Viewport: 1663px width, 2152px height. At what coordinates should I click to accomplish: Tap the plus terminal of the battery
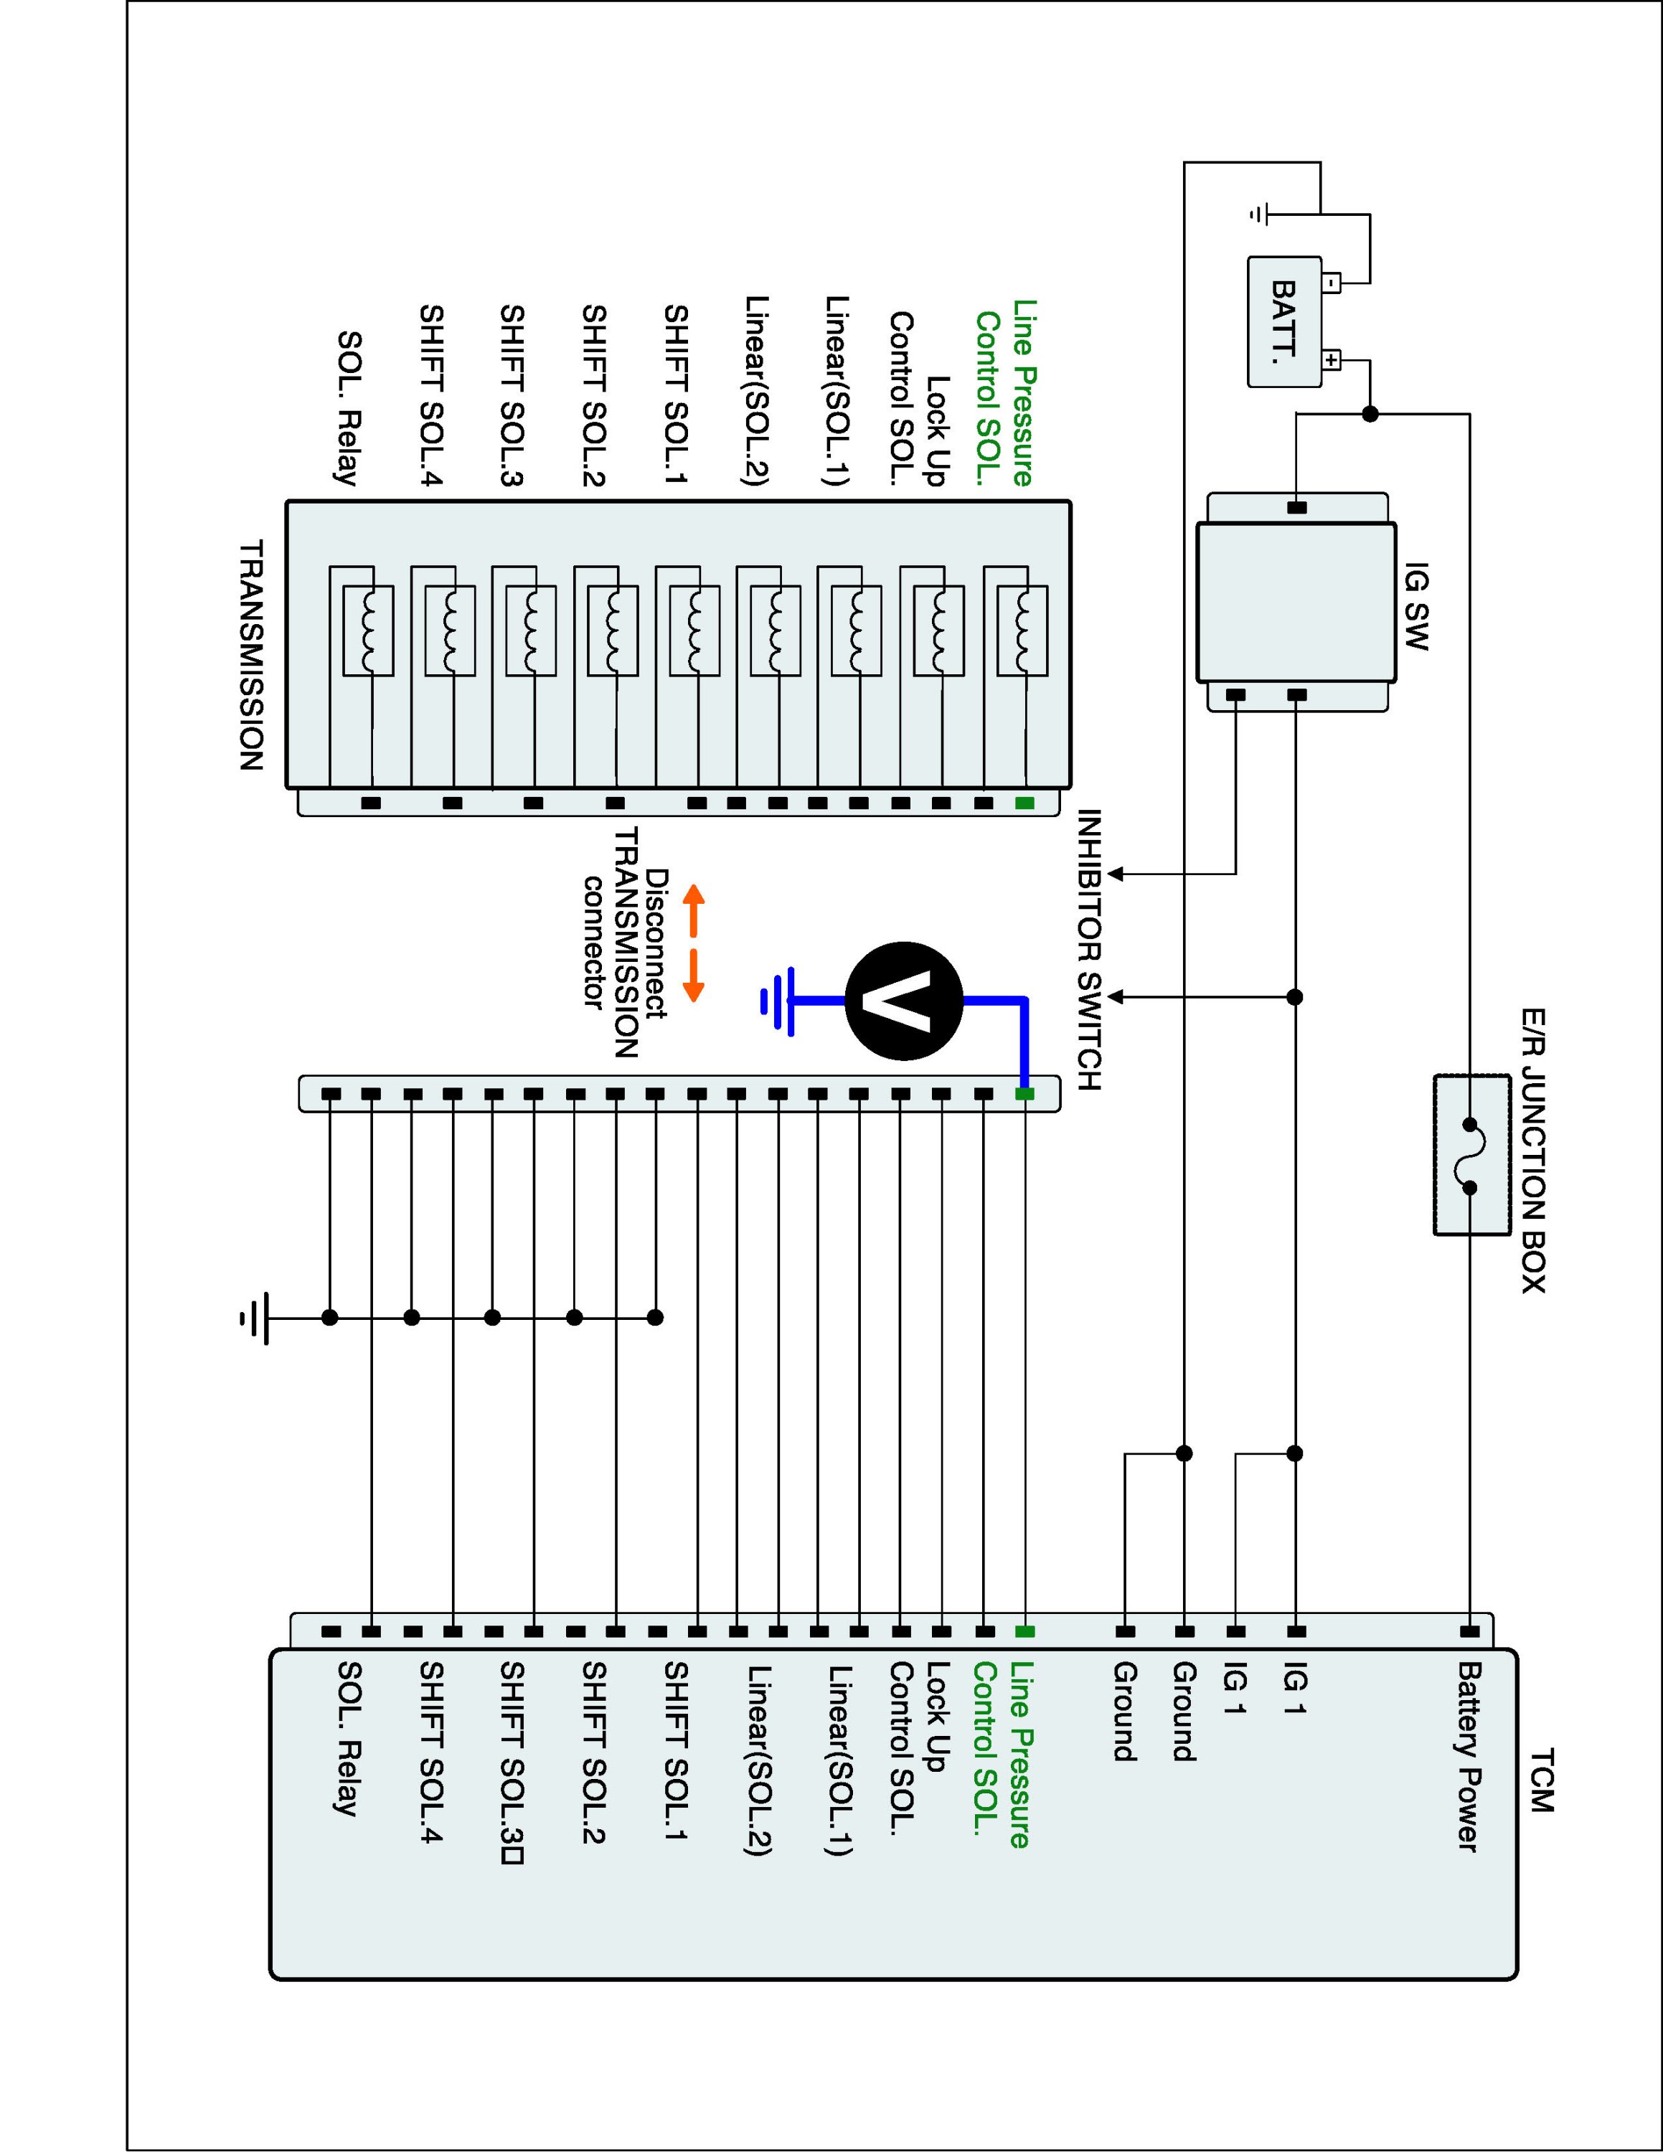[1331, 361]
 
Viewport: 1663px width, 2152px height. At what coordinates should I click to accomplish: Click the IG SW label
[1415, 606]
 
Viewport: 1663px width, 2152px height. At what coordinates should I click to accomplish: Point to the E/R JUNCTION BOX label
[1534, 1151]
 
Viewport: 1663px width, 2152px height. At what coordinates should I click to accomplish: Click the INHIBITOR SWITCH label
[1088, 950]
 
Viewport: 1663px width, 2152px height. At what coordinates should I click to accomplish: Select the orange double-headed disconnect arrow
[694, 943]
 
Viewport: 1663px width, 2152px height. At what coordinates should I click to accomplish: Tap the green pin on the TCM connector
[1024, 1632]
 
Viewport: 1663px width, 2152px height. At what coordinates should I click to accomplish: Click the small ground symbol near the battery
[1260, 213]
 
